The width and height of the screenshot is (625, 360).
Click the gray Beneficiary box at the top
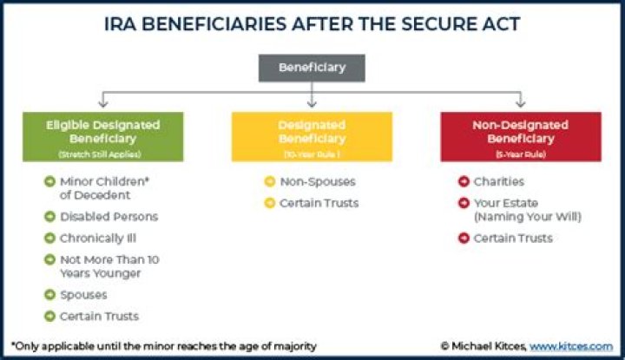coord(312,68)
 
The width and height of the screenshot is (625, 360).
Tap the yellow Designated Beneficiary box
coord(312,136)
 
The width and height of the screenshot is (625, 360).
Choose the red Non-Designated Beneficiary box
coord(520,136)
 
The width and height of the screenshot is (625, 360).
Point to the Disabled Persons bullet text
coord(108,217)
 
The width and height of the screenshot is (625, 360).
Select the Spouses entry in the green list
coord(84,295)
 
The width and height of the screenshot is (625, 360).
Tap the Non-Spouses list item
coord(318,182)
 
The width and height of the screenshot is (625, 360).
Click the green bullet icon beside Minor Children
coord(50,182)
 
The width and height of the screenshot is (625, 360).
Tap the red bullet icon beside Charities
coord(464,182)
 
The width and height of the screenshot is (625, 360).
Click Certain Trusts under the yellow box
coord(319,203)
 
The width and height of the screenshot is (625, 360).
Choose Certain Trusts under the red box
coord(513,238)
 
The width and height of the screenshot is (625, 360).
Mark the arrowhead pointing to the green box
coord(104,101)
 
